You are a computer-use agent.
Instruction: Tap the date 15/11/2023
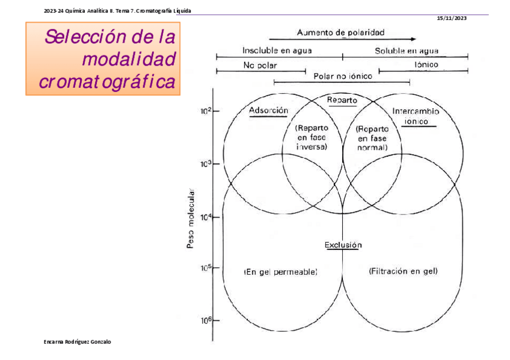[452, 18]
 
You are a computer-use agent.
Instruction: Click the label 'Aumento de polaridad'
[340, 32]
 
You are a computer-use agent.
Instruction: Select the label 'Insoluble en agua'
[277, 50]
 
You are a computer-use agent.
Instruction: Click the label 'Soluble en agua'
[407, 50]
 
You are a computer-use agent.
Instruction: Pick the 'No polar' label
[256, 65]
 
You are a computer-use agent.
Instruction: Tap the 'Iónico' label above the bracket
[426, 64]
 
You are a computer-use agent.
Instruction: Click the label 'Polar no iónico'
[343, 76]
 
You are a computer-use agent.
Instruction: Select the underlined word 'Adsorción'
[269, 111]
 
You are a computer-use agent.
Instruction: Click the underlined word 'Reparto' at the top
[342, 100]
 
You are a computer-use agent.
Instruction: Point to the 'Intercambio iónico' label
[415, 115]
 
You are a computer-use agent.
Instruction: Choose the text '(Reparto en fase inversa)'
[312, 138]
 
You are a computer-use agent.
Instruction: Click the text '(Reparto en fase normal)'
[372, 138]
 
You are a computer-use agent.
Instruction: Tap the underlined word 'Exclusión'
[343, 245]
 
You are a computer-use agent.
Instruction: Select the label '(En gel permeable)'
[280, 272]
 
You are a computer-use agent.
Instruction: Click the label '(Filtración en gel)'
[403, 272]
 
